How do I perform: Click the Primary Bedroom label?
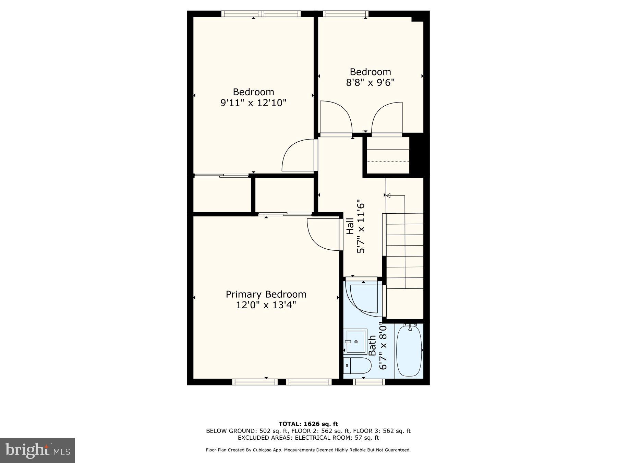[x=266, y=294]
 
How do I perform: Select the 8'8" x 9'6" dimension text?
[x=370, y=83]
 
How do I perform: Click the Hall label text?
[x=350, y=226]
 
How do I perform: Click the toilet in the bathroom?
[x=356, y=366]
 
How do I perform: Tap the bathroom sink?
[x=356, y=341]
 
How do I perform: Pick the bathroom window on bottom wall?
[x=369, y=382]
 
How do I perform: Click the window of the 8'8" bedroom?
[x=346, y=14]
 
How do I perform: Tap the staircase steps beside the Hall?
[x=405, y=250]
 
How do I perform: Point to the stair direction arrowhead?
[x=388, y=195]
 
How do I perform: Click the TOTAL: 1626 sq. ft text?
[x=308, y=424]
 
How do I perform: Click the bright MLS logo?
[x=37, y=450]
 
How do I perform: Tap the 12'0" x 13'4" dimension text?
[x=266, y=305]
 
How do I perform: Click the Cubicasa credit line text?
[x=308, y=450]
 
